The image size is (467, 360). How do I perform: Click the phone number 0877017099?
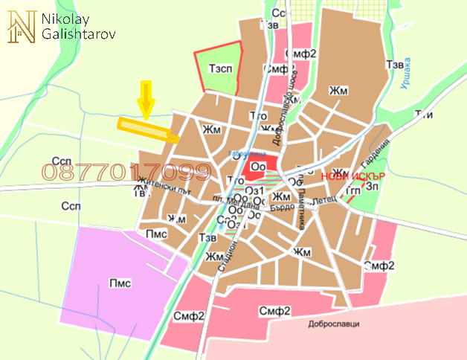click(x=126, y=173)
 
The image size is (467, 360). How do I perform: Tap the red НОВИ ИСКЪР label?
click(x=352, y=177)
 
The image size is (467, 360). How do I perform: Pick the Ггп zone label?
click(x=352, y=192)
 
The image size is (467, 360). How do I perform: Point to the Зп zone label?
click(x=373, y=188)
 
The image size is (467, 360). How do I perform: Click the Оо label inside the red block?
click(x=258, y=166)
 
